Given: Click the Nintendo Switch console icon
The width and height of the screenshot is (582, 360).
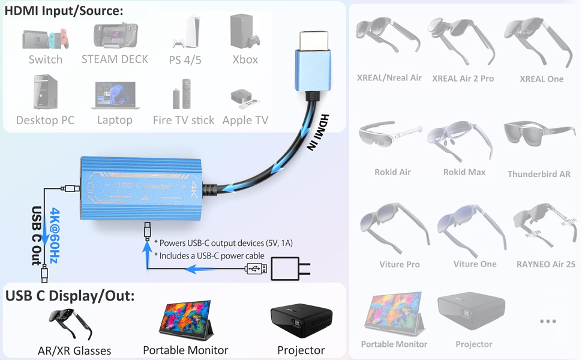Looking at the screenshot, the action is coord(46,38).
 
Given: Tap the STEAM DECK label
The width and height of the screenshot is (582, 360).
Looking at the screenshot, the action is coord(115,59).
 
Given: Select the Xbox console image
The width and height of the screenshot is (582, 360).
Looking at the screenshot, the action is coord(245,31).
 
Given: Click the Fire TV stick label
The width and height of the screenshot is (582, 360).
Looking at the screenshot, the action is coord(184,120).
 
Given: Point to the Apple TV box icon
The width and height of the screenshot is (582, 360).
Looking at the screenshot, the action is coord(245,99).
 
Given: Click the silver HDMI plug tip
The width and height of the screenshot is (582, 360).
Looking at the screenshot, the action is coord(314,41).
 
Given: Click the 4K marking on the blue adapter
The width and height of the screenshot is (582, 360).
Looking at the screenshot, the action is coord(195,189).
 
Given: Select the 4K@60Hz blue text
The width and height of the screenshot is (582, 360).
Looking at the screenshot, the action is coord(55,235).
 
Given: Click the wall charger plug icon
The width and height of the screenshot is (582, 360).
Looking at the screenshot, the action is coord(290,269).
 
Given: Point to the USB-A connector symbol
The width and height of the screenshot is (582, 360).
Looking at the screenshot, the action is coord(256,268).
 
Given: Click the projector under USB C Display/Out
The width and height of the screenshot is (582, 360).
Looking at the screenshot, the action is coord(301,320).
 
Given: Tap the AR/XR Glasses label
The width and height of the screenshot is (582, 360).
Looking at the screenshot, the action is coord(74,351).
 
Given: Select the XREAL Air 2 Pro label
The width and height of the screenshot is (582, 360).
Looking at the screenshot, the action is coord(463,79).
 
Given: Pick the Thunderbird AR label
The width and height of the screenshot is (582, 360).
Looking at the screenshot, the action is coord(539,174).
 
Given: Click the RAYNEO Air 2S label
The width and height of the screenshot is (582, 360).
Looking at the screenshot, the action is coord(545,264).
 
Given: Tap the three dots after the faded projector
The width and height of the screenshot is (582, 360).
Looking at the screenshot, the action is coord(548,321).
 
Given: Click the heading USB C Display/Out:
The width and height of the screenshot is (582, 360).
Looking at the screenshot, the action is coord(70,296).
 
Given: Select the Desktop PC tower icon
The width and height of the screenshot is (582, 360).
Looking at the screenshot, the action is coord(45,92).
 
